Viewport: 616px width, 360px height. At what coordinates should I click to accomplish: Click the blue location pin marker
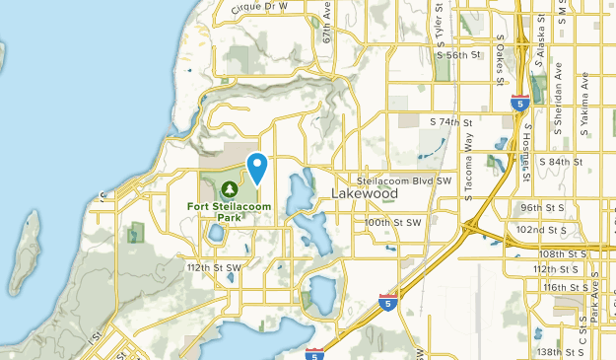click(x=258, y=168)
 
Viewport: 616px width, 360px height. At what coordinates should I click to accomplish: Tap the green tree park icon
click(x=229, y=188)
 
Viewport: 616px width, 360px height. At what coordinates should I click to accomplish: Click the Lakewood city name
click(x=364, y=194)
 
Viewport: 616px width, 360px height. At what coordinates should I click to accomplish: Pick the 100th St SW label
click(x=394, y=223)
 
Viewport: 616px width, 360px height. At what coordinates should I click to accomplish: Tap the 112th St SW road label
click(x=213, y=267)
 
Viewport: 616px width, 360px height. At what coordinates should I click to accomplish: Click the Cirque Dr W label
click(x=259, y=6)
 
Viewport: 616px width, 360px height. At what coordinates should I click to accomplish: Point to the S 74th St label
click(x=452, y=121)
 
